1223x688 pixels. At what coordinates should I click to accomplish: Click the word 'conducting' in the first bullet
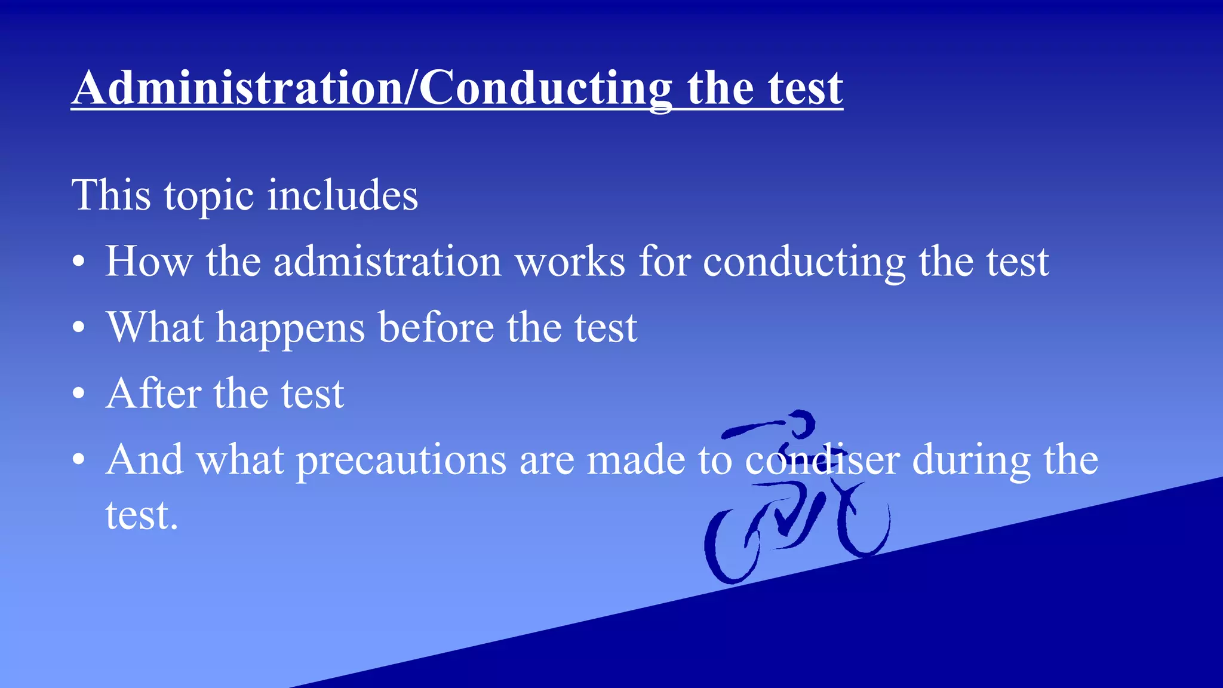coord(804,263)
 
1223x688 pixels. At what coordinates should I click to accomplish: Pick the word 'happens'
coord(290,328)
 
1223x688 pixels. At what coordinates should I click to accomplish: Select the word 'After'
coord(153,394)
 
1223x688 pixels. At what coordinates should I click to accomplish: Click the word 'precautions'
coord(401,460)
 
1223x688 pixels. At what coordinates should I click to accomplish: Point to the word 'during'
coord(971,460)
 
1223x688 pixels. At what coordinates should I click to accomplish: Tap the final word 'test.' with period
coord(142,515)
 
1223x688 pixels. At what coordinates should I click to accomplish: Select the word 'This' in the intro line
coord(111,195)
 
